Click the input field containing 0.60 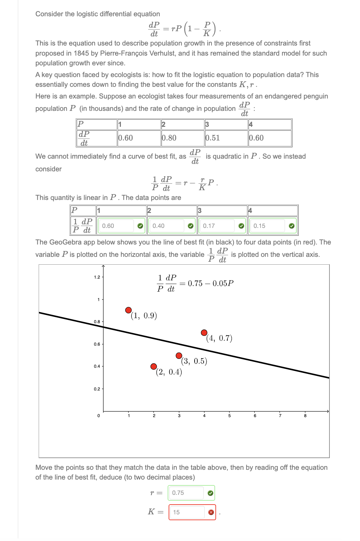point(116,226)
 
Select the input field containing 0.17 point(217,226)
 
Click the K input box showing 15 point(187,512)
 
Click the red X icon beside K point(211,512)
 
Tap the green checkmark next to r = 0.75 point(210,493)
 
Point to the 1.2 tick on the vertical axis point(97,277)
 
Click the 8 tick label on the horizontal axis point(305,416)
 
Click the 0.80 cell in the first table point(182,138)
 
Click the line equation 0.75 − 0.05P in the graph point(195,283)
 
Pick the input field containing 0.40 point(166,226)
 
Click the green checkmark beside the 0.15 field point(291,226)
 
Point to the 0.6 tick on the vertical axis point(97,344)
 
